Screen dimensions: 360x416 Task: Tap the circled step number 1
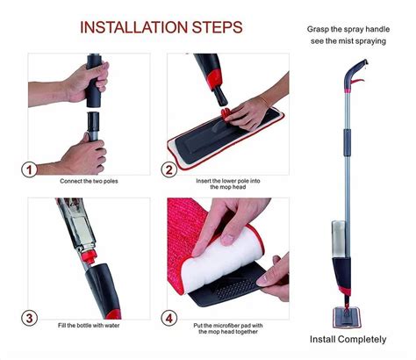tap(29, 169)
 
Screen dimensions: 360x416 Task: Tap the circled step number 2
tap(169, 169)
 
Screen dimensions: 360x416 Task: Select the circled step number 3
tap(29, 318)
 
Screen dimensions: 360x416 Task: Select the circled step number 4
tap(169, 318)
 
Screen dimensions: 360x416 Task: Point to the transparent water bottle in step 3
tap(75, 224)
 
